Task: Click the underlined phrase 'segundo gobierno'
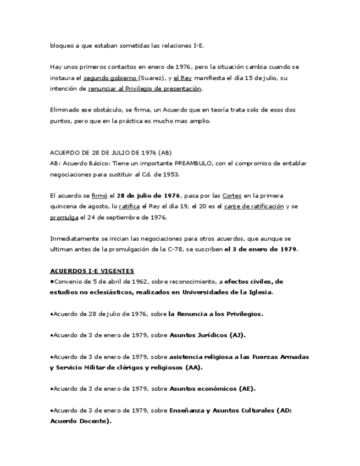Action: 109,77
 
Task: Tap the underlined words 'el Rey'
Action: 182,77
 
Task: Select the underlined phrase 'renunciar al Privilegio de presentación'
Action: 145,88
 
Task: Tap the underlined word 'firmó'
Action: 99,196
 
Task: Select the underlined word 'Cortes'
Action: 231,196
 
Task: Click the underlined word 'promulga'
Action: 64,217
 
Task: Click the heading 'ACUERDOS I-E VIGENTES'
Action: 92,270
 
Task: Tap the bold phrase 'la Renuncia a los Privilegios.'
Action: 216,314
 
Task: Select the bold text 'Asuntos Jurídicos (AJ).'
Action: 207,335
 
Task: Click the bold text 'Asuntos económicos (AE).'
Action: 212,389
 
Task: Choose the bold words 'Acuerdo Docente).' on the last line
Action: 80,421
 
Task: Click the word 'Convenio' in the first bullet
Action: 67,281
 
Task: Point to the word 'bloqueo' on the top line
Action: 61,45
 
